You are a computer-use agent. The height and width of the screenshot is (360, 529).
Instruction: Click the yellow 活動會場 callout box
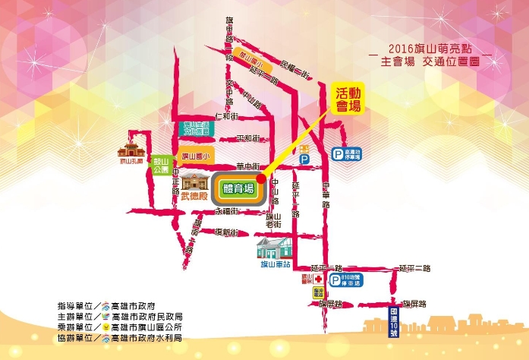pyautogui.click(x=350, y=99)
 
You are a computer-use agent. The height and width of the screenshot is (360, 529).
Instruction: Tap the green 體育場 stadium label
pyautogui.click(x=238, y=188)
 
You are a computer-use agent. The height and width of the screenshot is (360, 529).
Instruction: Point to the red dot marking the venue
pyautogui.click(x=261, y=178)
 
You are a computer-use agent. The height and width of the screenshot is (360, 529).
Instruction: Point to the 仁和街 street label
pyautogui.click(x=228, y=116)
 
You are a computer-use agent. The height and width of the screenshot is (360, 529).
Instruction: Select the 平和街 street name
pyautogui.click(x=247, y=138)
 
